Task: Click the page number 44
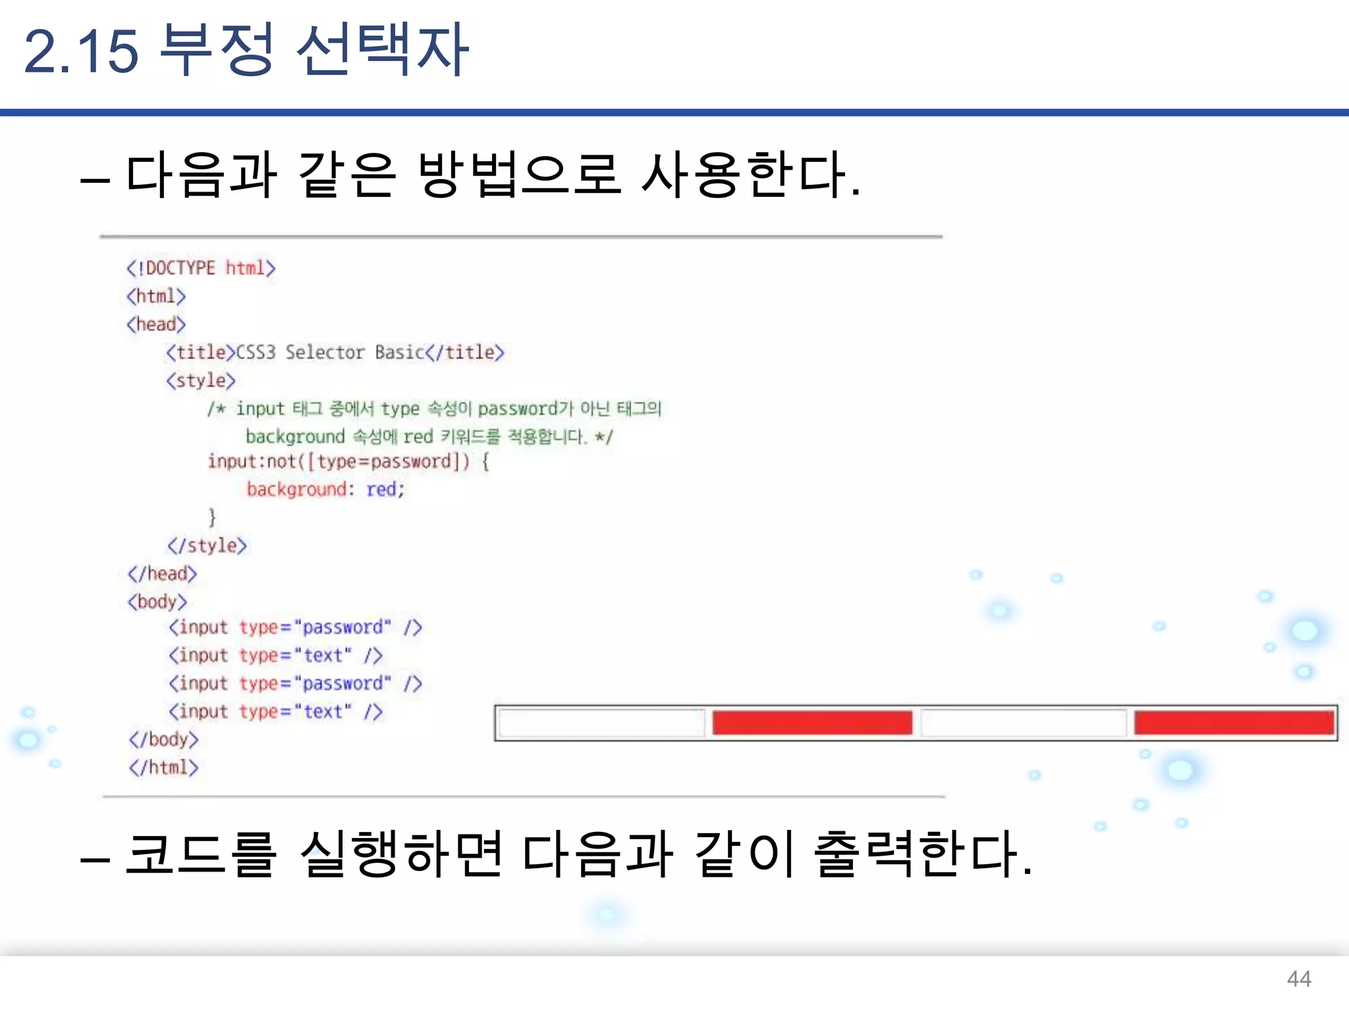click(x=1298, y=979)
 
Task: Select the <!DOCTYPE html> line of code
click(x=201, y=268)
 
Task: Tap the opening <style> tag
click(x=201, y=380)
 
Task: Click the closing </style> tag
click(x=207, y=546)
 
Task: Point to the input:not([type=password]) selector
click(x=339, y=461)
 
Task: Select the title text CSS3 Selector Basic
click(x=329, y=353)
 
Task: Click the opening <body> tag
click(x=157, y=602)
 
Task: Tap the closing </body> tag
click(x=163, y=740)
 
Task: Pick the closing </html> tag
click(x=163, y=767)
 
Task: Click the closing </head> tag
click(x=162, y=574)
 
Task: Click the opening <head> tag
click(x=156, y=324)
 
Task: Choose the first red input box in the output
click(x=812, y=723)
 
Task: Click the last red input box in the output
click(x=1234, y=723)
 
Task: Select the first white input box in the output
click(x=601, y=723)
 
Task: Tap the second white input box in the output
click(x=1023, y=723)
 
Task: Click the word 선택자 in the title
click(x=383, y=51)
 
